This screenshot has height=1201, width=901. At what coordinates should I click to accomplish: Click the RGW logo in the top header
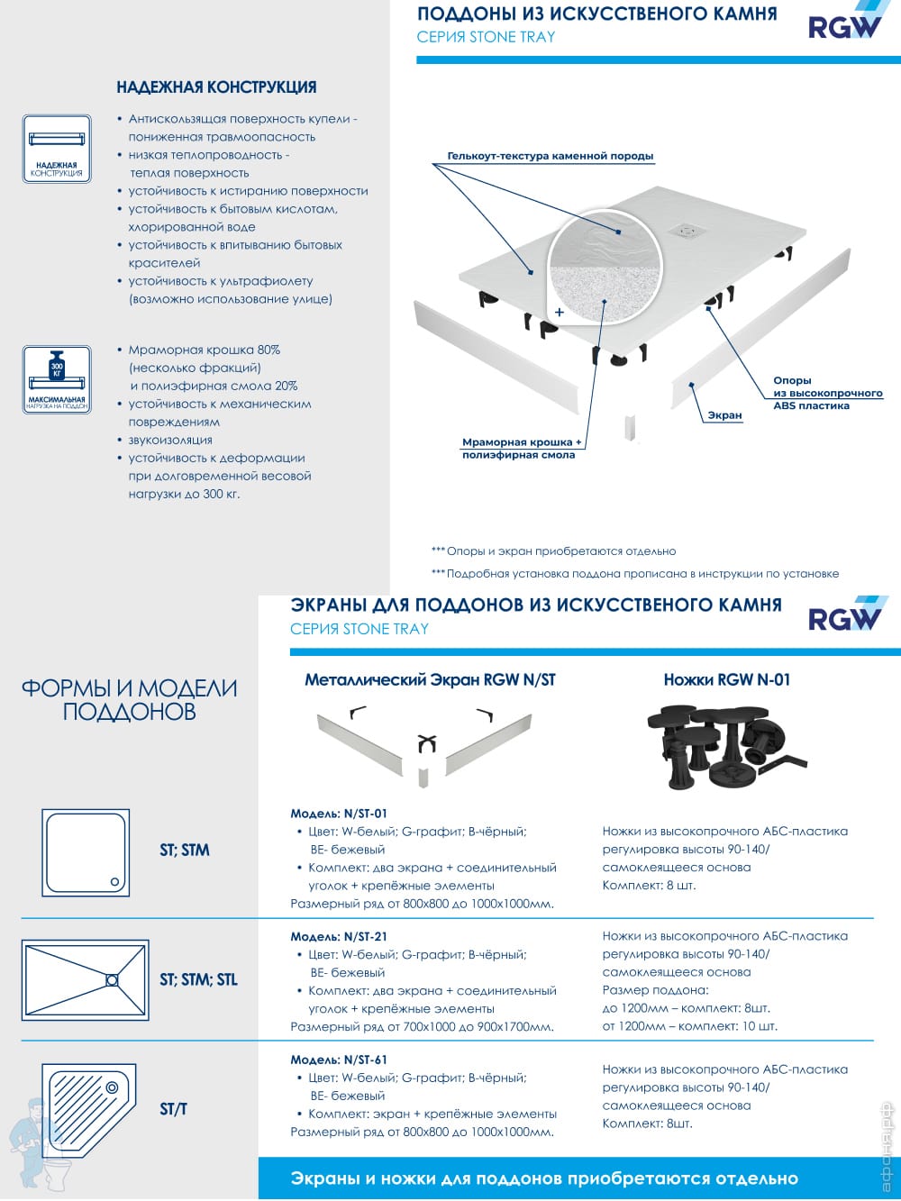click(x=844, y=23)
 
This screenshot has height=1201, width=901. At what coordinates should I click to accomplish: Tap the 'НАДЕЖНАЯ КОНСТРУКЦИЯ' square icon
click(x=57, y=149)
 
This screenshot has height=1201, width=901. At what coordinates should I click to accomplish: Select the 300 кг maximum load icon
click(x=57, y=379)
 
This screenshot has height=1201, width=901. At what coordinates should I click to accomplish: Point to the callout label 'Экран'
click(x=724, y=415)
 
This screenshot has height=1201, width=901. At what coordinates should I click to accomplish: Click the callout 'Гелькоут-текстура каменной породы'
click(x=550, y=156)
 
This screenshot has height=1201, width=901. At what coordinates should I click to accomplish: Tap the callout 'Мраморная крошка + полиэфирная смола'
click(x=521, y=449)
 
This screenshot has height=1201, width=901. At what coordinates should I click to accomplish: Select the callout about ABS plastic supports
click(x=827, y=393)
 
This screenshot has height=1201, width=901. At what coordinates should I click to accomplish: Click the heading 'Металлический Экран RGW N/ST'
click(x=430, y=680)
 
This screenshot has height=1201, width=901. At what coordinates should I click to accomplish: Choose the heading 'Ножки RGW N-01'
click(x=726, y=680)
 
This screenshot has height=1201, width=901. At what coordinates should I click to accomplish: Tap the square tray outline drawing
click(x=86, y=852)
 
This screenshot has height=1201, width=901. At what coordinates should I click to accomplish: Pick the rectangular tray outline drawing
click(x=85, y=979)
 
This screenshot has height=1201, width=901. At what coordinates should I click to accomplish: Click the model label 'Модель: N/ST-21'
click(x=339, y=937)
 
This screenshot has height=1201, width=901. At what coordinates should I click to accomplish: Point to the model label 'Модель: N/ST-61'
click(x=339, y=1060)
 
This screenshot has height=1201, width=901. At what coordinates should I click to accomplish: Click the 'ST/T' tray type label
click(x=173, y=1109)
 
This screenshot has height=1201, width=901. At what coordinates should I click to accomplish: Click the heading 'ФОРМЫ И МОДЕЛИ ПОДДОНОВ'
click(x=130, y=700)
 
